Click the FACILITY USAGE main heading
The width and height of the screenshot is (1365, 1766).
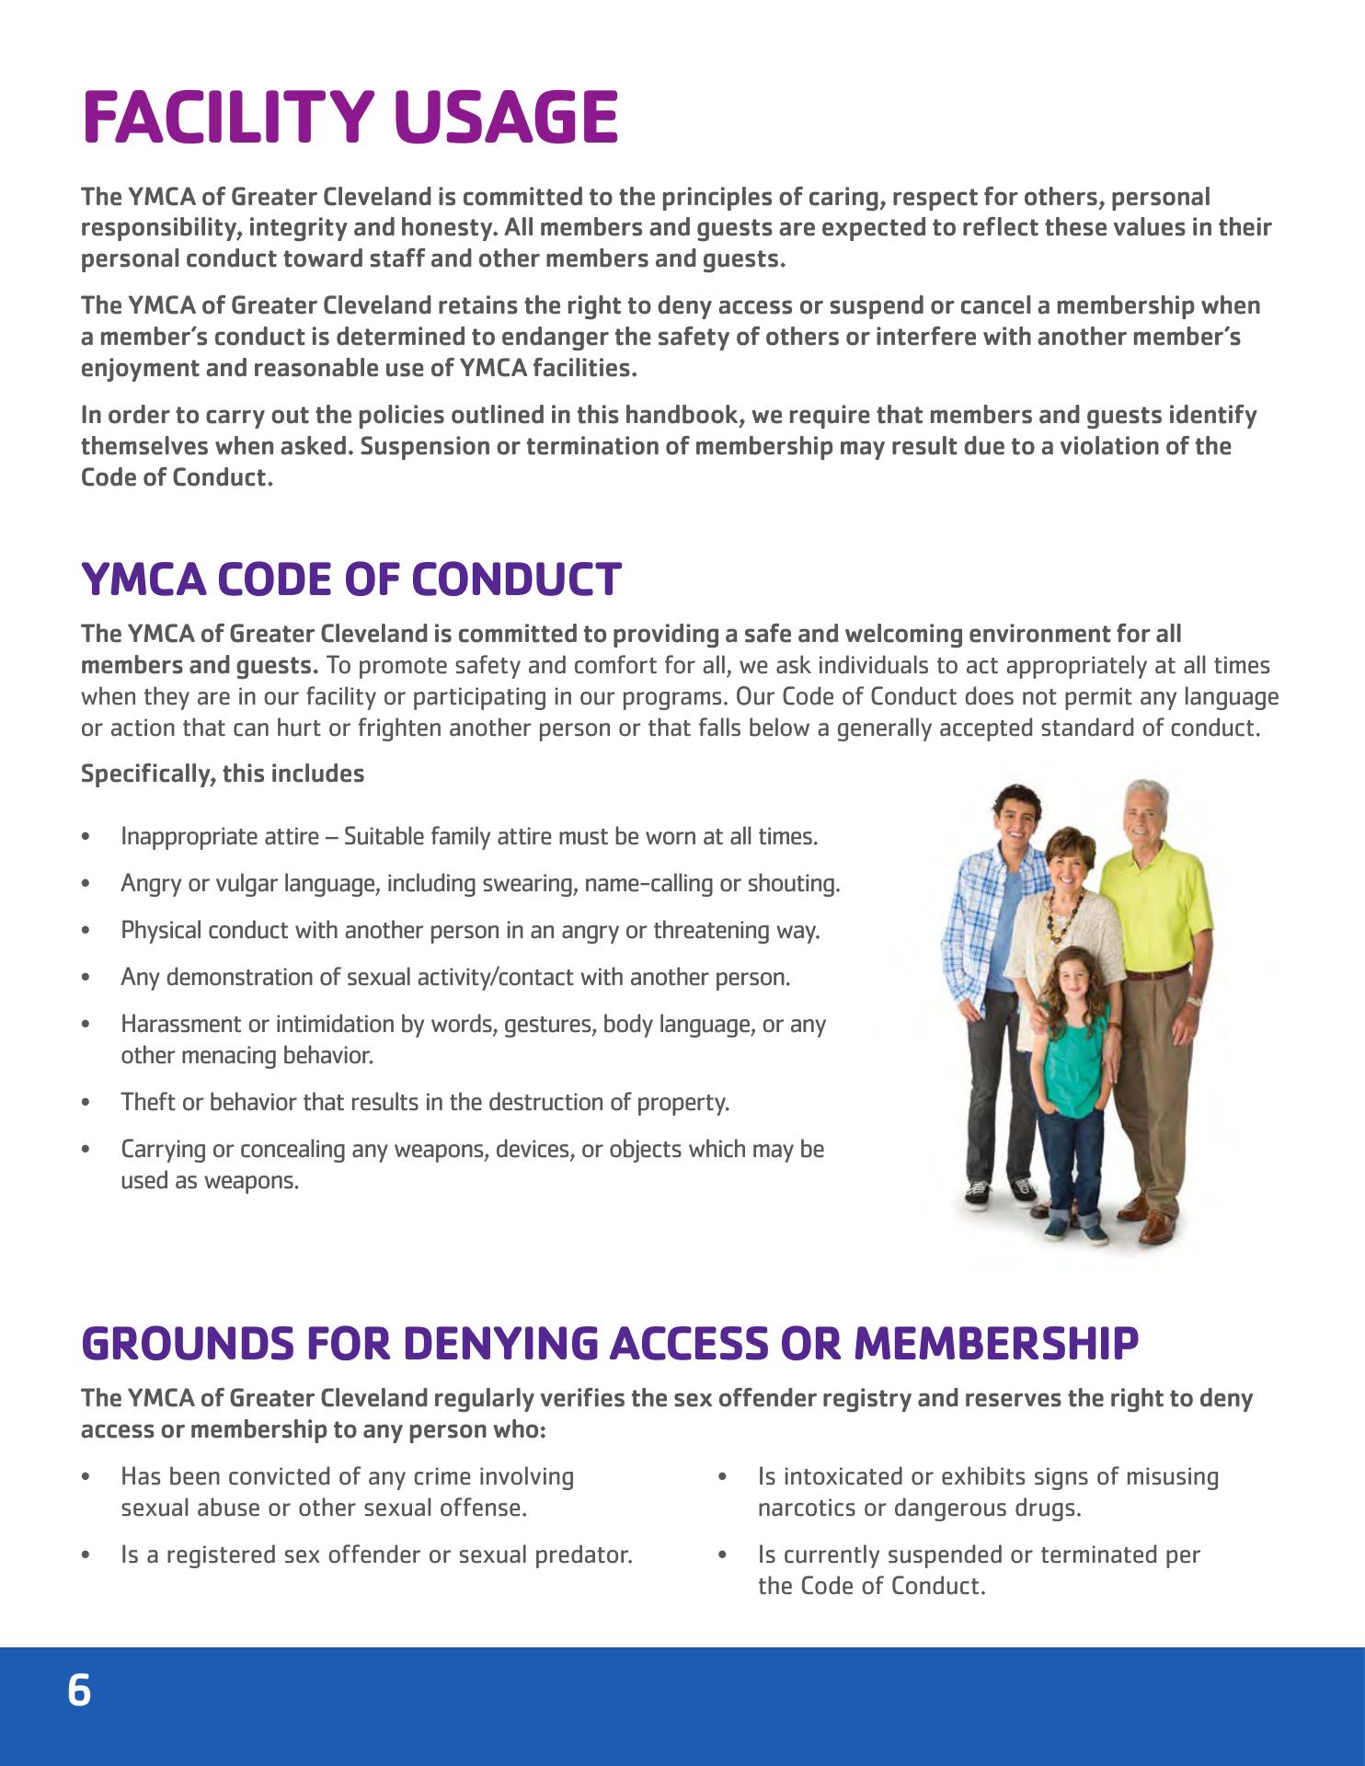click(x=350, y=118)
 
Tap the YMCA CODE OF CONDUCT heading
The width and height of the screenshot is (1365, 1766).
click(x=351, y=579)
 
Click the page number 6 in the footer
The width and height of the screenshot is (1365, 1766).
click(x=80, y=1691)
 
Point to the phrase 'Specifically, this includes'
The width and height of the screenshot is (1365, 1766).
click(x=223, y=774)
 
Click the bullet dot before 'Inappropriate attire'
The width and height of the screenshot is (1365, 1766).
click(x=86, y=838)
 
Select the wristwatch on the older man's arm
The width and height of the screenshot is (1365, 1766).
click(x=1194, y=1001)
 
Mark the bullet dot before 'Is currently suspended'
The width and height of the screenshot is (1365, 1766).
click(x=723, y=1555)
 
